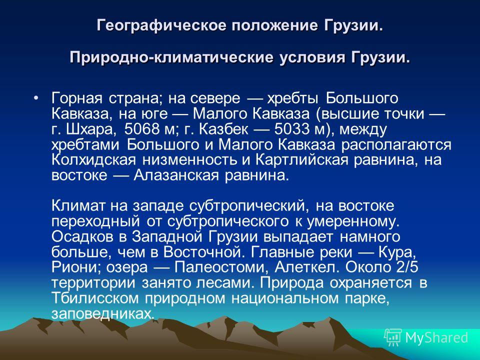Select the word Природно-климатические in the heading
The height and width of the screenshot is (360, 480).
(171, 57)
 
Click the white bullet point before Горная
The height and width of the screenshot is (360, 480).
(36, 98)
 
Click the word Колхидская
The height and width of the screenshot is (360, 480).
(93, 160)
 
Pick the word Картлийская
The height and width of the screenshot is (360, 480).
(301, 160)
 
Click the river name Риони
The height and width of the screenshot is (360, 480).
(76, 267)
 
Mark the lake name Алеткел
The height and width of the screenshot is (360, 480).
(307, 267)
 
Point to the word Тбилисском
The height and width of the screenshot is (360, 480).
(95, 298)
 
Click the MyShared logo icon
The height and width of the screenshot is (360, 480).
(393, 337)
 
